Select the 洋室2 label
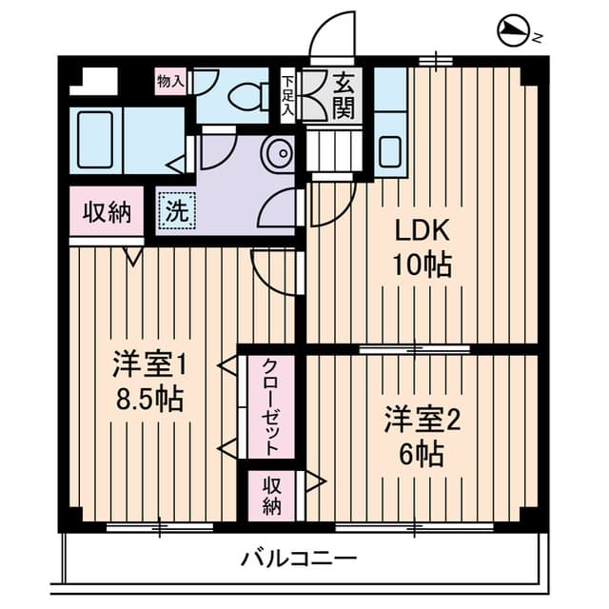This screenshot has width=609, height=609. (422, 420)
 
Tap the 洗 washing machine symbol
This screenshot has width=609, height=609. (176, 212)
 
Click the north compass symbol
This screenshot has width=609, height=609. (514, 35)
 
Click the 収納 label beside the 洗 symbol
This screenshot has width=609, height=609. (106, 211)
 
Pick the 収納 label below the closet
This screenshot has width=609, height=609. (272, 494)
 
